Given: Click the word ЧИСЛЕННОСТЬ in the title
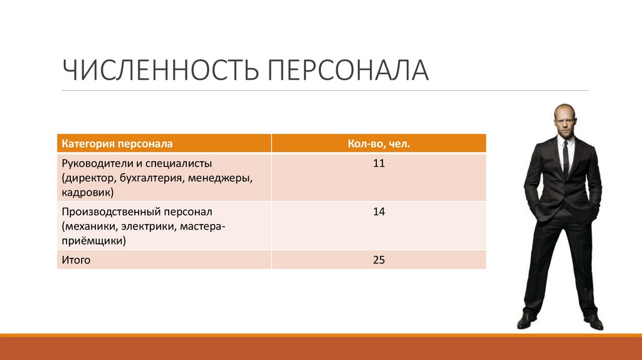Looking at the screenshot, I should [160, 70].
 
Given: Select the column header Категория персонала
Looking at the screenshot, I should [117, 144].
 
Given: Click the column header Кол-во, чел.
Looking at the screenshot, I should [379, 144].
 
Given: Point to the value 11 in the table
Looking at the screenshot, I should [379, 164].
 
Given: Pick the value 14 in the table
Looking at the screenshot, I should [379, 211].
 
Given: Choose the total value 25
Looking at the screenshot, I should [379, 260].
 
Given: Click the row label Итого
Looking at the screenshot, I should [76, 260].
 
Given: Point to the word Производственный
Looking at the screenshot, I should [110, 211].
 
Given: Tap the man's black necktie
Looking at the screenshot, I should [565, 157].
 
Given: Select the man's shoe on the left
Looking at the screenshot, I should [527, 320].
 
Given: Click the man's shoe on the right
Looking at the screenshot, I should [593, 322].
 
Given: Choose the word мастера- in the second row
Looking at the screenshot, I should [203, 226].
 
